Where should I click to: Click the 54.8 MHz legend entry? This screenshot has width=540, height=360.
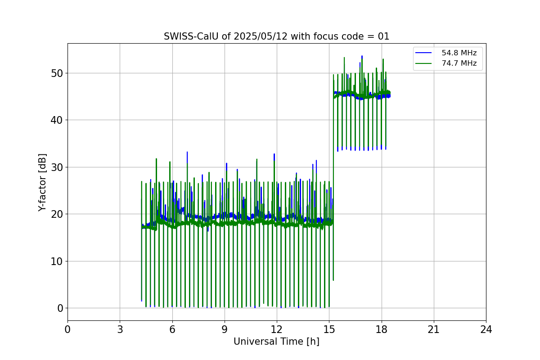pos(459,53)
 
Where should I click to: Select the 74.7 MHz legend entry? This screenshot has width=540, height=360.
pos(459,63)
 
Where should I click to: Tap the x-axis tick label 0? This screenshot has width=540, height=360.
pos(67,329)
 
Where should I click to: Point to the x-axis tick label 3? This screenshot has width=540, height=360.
pos(120,329)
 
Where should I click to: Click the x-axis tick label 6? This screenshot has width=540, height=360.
pos(172,329)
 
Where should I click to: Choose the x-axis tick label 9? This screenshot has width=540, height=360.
pos(225,329)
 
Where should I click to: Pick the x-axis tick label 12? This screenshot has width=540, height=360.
pos(277,329)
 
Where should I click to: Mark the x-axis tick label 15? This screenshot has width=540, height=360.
pos(329,329)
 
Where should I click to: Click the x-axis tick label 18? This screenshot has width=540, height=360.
pos(381,329)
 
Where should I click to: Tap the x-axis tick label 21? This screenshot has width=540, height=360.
pos(434,329)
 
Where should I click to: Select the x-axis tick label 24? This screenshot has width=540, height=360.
pos(486,329)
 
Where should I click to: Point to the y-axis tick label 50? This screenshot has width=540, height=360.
pos(57,73)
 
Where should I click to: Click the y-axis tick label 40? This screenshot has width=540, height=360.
pos(57,120)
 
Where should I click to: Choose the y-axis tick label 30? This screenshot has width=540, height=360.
pos(57,167)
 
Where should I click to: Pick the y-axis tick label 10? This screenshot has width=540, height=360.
pos(57,261)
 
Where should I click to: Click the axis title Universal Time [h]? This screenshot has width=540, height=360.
pos(276,342)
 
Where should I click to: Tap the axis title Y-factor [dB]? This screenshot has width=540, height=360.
pos(43,182)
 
